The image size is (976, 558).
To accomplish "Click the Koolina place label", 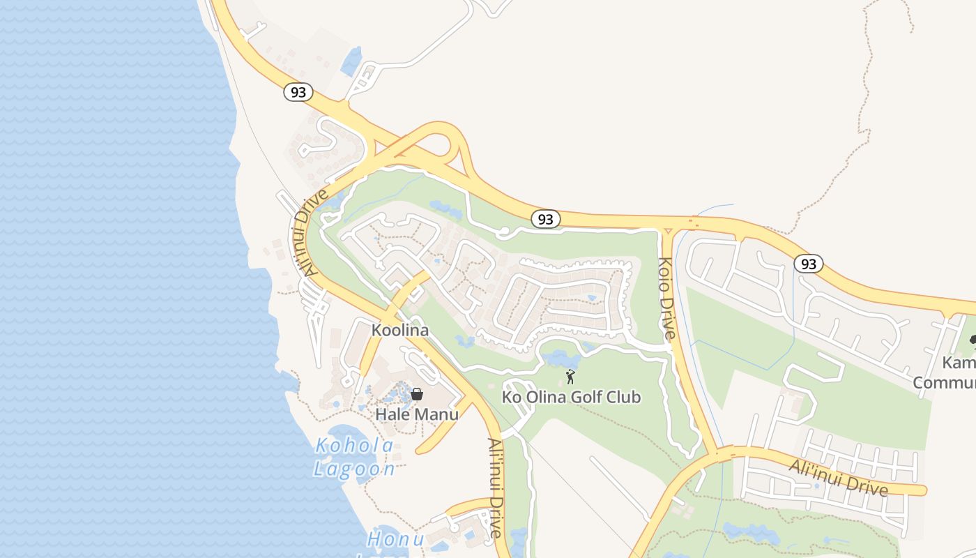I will coord(399,330).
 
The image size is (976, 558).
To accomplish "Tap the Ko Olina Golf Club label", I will coord(571,398).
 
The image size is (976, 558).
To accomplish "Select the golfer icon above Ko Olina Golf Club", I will coord(571,377).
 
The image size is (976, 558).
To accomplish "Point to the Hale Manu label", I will coord(417,414).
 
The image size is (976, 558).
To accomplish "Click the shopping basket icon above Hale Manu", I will coord(417,394).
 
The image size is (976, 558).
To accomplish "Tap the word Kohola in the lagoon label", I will coord(354,446).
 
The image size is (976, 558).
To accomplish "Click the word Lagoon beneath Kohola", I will coord(354,469).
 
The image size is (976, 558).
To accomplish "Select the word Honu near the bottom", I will coord(395,539).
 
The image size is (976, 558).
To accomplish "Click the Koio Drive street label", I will coord(666,299).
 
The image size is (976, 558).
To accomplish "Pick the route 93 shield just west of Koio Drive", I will coord(545,219).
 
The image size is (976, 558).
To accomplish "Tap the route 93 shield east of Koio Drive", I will coord(808,264).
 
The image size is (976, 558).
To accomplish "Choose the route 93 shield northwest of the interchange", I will coord(298,92).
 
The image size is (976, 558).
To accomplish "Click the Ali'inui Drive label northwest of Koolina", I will coord(310,232).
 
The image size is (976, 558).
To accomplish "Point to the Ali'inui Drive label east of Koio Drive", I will coord(839,478).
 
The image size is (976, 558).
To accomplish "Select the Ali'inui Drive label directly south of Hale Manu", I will coord(495,488).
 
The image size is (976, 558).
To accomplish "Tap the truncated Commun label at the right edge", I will coord(944,383).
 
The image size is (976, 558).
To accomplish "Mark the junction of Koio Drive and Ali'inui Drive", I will coord(717,455).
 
